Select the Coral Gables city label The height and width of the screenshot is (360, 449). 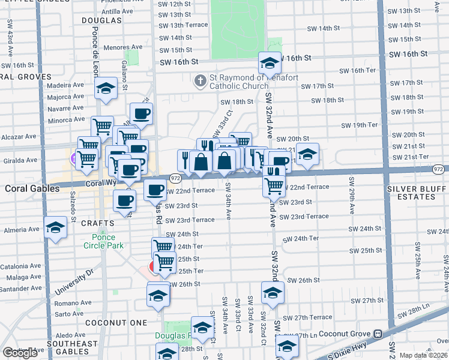[x=32, y=188]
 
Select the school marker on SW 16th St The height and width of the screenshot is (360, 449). [x=270, y=62]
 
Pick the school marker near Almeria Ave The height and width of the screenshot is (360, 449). [x=55, y=227]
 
